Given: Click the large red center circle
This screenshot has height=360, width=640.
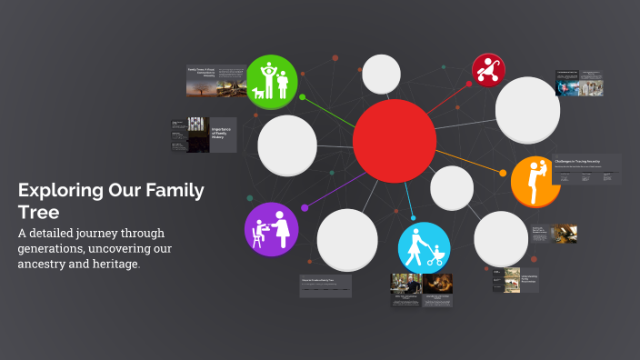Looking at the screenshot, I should pos(395,142).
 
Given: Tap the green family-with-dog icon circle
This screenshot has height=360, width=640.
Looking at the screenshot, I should pos(271,82).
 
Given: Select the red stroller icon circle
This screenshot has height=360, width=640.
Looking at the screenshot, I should pos(489,70).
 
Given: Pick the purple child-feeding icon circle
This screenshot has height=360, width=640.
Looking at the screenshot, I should pos(272,229).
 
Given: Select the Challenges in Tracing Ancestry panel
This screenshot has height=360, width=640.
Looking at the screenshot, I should pos(587,169).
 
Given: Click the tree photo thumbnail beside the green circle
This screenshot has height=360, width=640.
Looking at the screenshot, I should pos(231,80).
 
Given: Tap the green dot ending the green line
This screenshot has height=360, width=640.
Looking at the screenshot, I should pos(302,97).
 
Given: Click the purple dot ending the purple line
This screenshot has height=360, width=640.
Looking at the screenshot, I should pos(305,208).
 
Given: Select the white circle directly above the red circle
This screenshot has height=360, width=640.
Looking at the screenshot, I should pos(381,75).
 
